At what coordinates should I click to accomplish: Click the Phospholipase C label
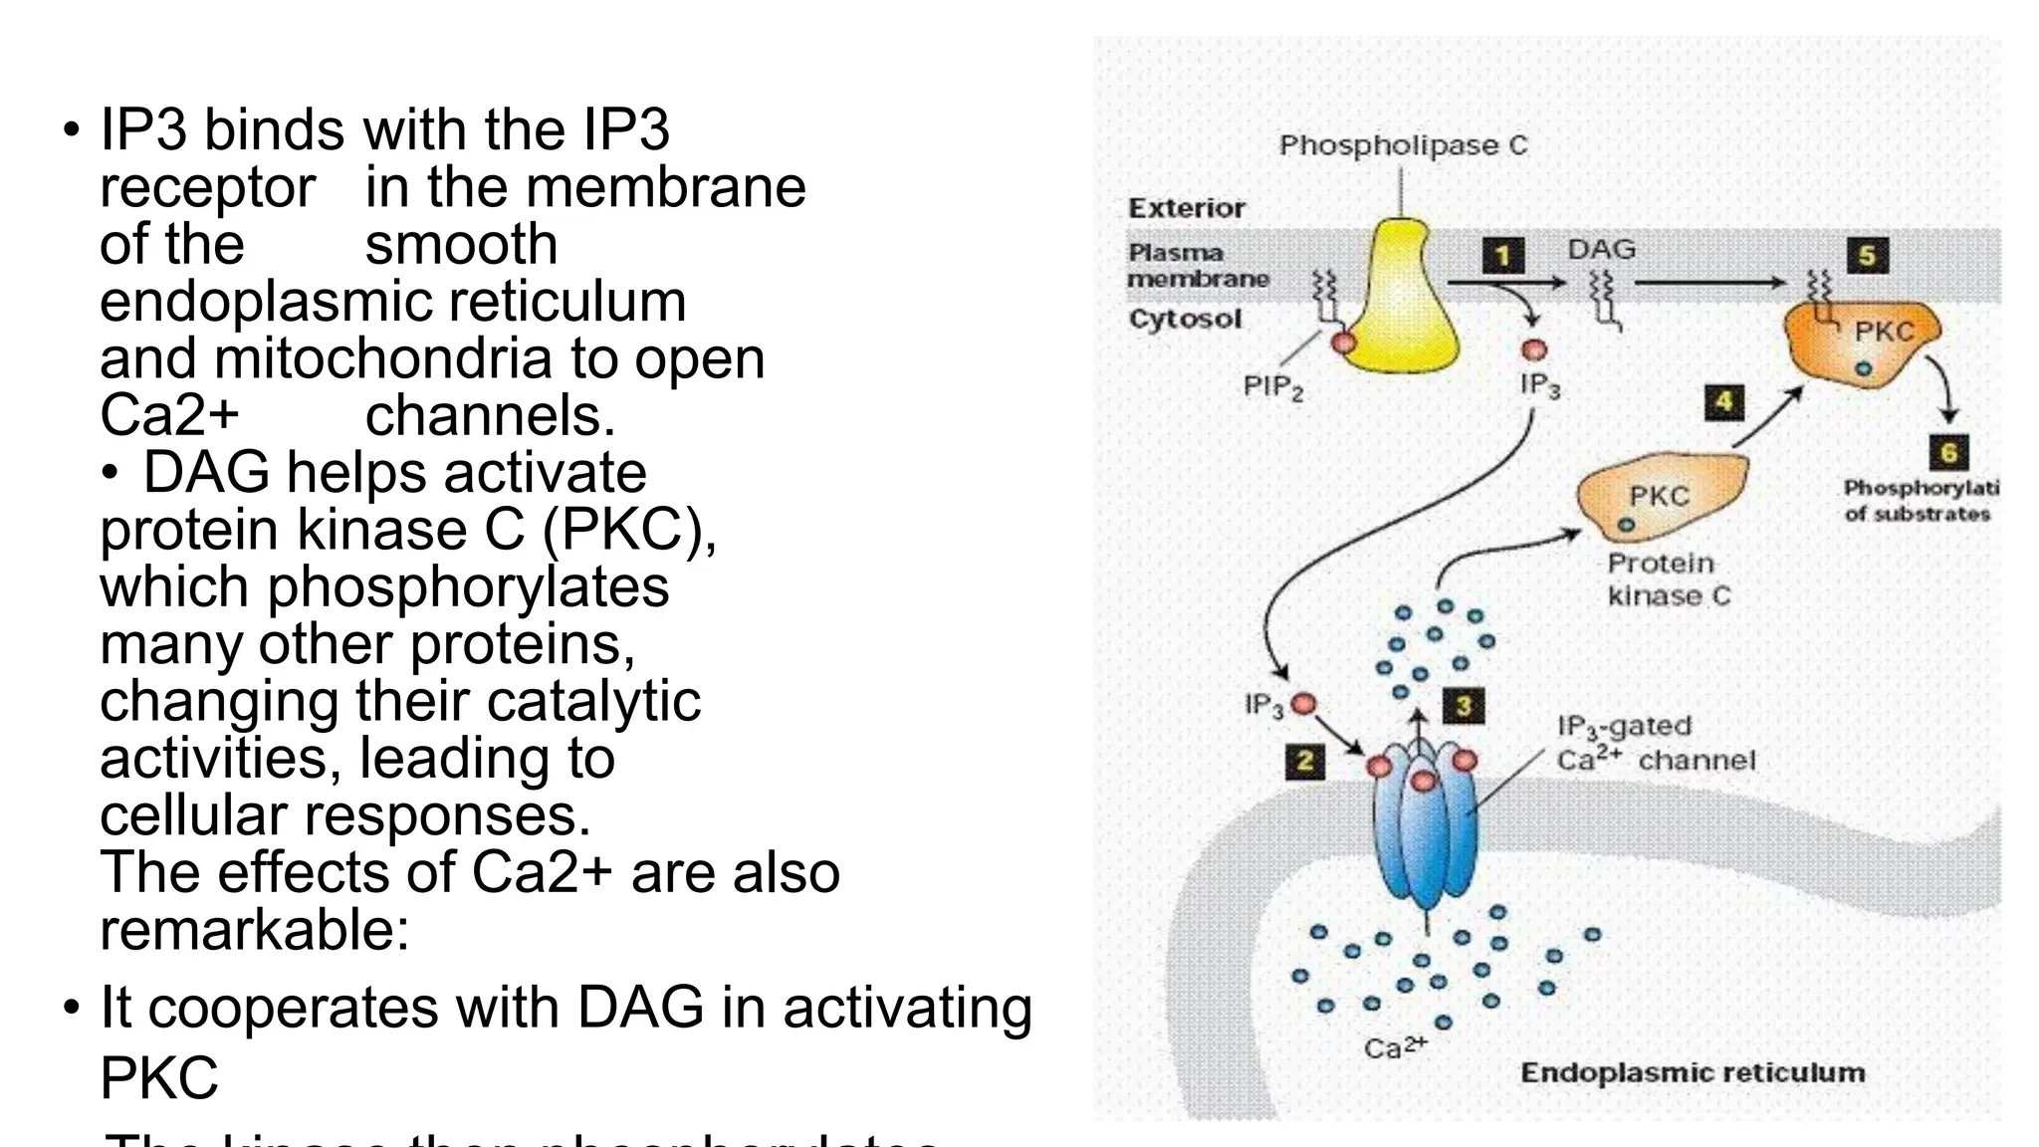(1403, 146)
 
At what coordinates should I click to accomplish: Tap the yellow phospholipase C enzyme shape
(1399, 304)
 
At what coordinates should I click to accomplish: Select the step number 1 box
(1503, 256)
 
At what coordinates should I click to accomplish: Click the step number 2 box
(1304, 763)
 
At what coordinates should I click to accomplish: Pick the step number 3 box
(1464, 706)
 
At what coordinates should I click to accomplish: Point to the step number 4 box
(1724, 402)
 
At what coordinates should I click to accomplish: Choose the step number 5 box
(1868, 256)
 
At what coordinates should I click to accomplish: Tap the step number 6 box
(1949, 453)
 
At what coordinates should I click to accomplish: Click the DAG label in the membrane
(1601, 249)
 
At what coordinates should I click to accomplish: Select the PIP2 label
(1272, 386)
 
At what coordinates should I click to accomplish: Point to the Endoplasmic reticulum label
(1693, 1073)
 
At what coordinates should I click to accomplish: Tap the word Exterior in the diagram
(1186, 208)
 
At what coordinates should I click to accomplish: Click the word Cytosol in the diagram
(1185, 320)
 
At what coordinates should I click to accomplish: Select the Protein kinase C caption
(1668, 579)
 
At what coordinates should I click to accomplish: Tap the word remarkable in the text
(254, 930)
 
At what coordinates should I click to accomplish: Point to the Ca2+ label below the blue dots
(1395, 1047)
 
